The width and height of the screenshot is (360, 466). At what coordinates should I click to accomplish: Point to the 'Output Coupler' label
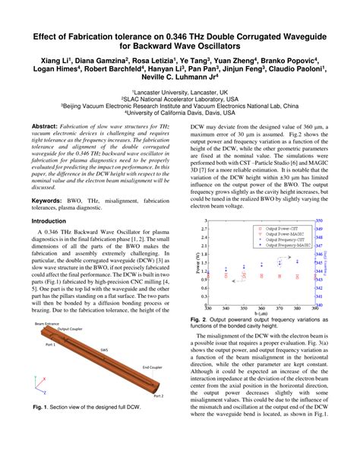pyautogui.click(x=73, y=329)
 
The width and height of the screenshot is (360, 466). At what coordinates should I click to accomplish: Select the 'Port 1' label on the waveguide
pyautogui.click(x=50, y=344)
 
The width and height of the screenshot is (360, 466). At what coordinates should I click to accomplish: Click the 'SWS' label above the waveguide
pyautogui.click(x=104, y=350)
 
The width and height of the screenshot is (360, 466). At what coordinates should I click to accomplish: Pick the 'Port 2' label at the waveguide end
pyautogui.click(x=158, y=395)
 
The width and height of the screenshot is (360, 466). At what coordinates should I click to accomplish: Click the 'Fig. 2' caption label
pyautogui.click(x=199, y=321)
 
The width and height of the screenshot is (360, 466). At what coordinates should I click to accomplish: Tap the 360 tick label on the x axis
pyautogui.click(x=263, y=307)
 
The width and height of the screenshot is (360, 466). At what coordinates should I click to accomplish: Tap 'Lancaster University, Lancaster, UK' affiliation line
pyautogui.click(x=180, y=90)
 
